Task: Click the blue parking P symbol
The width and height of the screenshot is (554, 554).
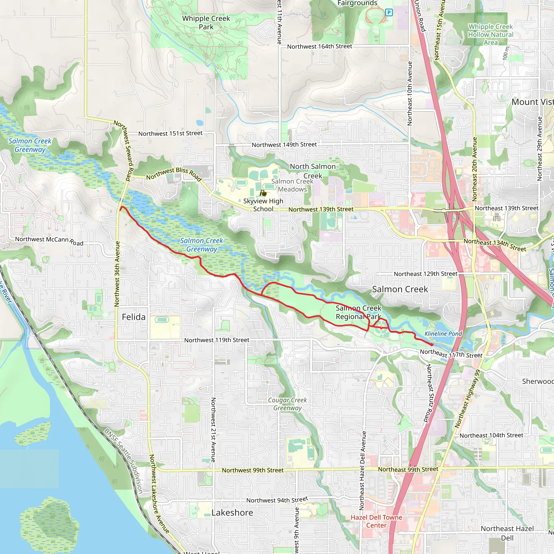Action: [x=389, y=12]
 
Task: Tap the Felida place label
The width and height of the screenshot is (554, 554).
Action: [x=134, y=317]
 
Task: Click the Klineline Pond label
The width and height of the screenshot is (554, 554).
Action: [x=443, y=334]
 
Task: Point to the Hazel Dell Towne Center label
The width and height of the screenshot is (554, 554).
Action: [x=376, y=521]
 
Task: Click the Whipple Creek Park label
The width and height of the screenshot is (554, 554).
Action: [x=206, y=23]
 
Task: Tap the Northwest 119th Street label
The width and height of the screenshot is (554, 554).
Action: [x=217, y=340]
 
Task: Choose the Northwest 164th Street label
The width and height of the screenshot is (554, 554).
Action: [x=319, y=47]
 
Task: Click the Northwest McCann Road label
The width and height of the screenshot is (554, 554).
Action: [x=49, y=240]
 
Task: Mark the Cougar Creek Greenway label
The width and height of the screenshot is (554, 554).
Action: [x=287, y=404]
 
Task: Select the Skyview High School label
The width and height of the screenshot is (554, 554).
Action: [x=263, y=205]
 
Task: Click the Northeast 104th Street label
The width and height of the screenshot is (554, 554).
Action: [x=491, y=435]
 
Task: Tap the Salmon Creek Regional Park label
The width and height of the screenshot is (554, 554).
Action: [x=358, y=312]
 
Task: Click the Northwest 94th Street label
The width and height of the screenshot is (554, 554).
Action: [x=277, y=500]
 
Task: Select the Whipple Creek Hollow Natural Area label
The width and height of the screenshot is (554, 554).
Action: [x=491, y=34]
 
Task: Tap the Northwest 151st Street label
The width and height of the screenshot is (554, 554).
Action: [x=170, y=133]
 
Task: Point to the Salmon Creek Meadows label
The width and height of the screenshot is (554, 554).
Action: [x=292, y=185]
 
